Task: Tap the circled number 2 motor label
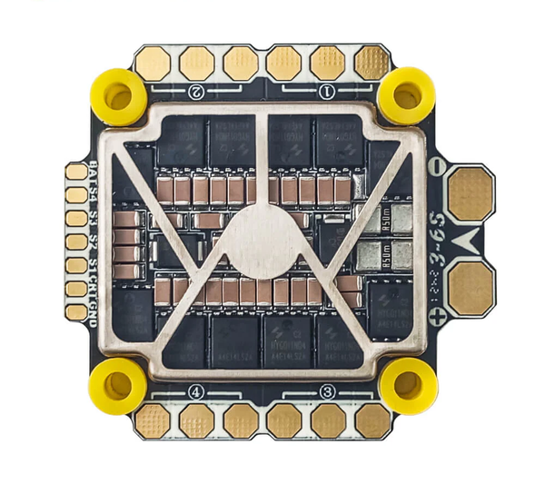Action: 196,92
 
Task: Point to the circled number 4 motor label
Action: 196,393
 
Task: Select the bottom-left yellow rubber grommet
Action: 118,385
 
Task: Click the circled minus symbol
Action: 437,166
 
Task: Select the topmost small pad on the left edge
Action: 77,172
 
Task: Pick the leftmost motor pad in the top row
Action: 153,63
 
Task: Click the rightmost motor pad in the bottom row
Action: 372,420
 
